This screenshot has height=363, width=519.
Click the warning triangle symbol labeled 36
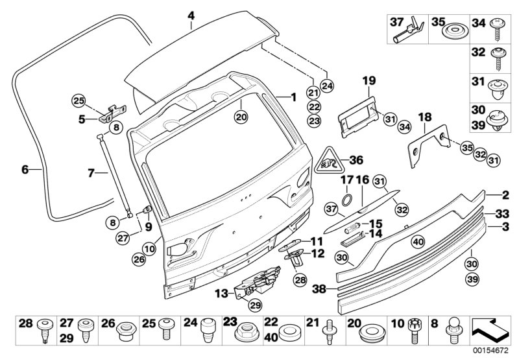point(330,161)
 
